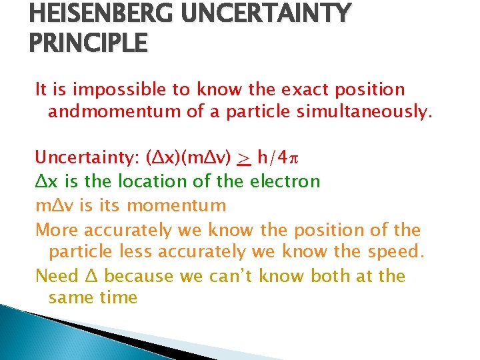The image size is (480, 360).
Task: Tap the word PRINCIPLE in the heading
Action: pos(89,43)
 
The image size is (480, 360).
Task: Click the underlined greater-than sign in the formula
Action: pos(244,158)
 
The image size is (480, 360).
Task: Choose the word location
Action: pos(139,181)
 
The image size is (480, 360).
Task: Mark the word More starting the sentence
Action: pos(57,231)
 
